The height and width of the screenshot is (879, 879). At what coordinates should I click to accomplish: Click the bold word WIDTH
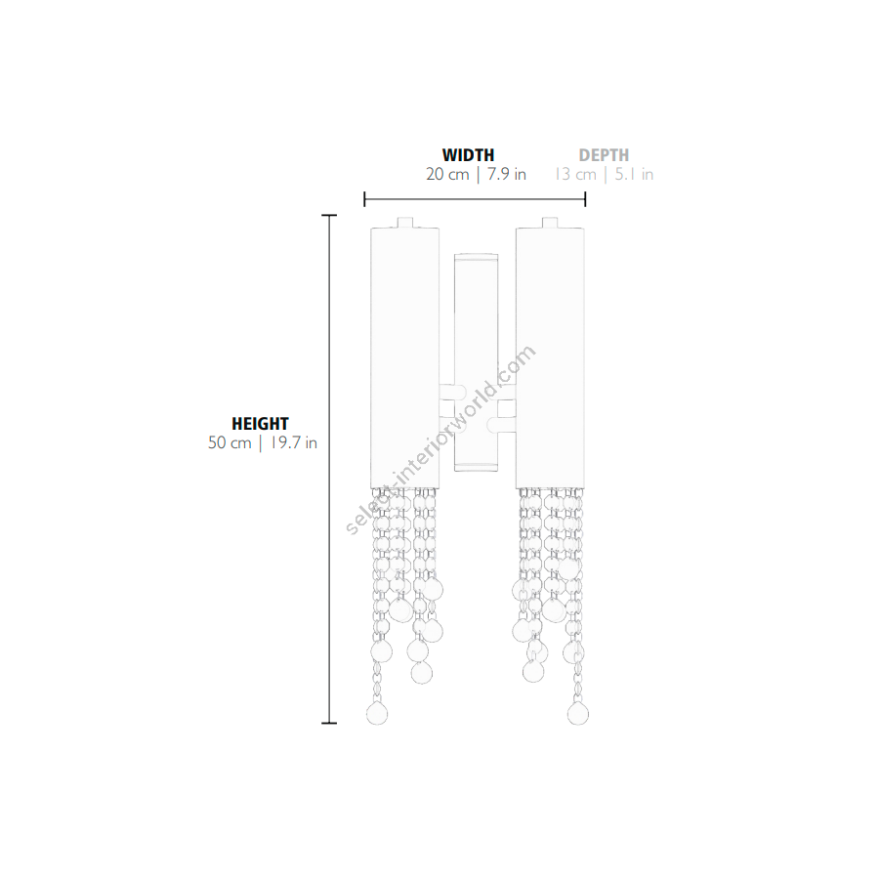point(468,154)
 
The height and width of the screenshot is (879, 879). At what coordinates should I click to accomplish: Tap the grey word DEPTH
point(604,154)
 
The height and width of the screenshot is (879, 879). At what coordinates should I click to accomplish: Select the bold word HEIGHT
point(260,423)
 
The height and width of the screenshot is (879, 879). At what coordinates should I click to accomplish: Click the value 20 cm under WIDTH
point(447,175)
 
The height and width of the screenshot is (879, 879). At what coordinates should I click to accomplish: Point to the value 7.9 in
point(507,175)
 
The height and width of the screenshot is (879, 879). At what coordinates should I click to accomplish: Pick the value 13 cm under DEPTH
point(575,175)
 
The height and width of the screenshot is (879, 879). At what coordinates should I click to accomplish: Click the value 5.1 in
point(634,175)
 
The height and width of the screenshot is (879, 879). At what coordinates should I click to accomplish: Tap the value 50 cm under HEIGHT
point(230,442)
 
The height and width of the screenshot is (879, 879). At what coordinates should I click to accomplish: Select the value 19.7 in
point(294,442)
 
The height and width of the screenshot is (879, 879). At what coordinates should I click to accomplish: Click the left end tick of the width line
point(364,199)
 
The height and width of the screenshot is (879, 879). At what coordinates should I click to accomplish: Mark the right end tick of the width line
point(585,199)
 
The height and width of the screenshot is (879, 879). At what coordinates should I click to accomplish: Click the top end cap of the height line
point(329,215)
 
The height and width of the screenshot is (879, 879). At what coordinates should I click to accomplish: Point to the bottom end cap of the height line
point(329,723)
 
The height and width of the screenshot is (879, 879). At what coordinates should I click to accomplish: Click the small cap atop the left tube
point(405,223)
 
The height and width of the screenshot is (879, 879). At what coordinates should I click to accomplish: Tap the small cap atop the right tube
point(550,223)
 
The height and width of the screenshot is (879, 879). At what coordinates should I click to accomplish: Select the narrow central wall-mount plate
point(476,362)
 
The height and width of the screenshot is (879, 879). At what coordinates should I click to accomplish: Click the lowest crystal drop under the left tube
point(377,713)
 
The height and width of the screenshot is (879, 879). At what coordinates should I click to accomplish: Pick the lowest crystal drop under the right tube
point(578,713)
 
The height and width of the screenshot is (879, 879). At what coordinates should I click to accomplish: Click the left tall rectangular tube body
point(404,357)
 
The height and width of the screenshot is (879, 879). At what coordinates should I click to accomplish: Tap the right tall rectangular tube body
point(550,357)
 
